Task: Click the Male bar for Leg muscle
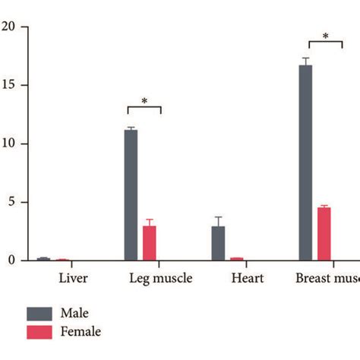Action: click(x=131, y=195)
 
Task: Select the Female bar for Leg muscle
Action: click(x=150, y=243)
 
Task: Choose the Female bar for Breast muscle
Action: click(x=324, y=234)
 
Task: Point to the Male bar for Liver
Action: click(x=44, y=259)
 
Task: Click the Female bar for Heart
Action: click(x=236, y=259)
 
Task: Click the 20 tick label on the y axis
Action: click(x=8, y=27)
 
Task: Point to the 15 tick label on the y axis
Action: click(x=8, y=86)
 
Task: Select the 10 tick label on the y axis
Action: click(x=8, y=144)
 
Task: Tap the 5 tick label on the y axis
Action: click(x=11, y=203)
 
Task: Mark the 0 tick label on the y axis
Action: click(x=11, y=261)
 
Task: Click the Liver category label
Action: click(x=73, y=279)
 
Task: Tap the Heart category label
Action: click(x=248, y=279)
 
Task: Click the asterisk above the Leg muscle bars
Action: click(x=144, y=101)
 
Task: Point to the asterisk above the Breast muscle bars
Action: click(x=325, y=36)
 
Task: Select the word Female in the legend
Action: click(x=82, y=331)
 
